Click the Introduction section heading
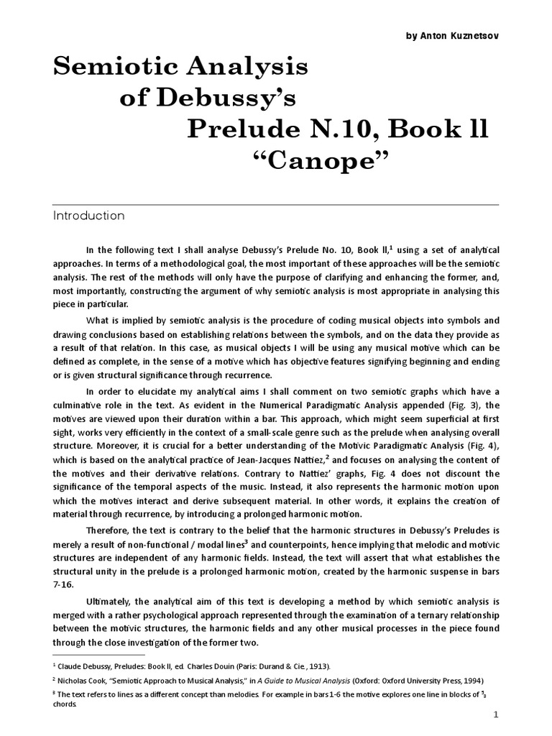pyautogui.click(x=89, y=216)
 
